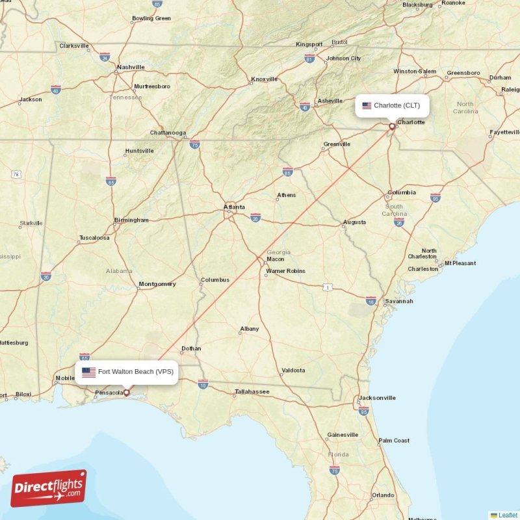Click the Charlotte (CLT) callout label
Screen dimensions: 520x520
(x=392, y=105)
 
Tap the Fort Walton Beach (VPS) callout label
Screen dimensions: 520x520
(x=128, y=372)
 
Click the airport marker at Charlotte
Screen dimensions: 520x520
(x=392, y=127)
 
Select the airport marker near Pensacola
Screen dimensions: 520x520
(x=127, y=393)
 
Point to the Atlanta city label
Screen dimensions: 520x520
(x=235, y=207)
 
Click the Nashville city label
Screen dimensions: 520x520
(x=131, y=67)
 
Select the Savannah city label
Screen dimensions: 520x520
(x=398, y=301)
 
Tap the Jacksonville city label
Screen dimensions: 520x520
(x=377, y=397)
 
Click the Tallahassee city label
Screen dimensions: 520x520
(x=252, y=392)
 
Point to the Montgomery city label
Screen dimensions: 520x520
(x=157, y=284)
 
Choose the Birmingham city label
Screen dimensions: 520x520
(x=131, y=220)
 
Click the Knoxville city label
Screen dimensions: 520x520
(x=265, y=79)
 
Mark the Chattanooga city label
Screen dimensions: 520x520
(x=168, y=133)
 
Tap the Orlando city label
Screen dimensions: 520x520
(x=383, y=495)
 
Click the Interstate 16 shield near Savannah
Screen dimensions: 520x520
(x=371, y=302)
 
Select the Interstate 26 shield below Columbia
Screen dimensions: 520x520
(x=399, y=222)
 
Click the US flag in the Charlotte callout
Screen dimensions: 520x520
(x=367, y=105)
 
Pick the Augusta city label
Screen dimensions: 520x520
(x=354, y=222)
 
